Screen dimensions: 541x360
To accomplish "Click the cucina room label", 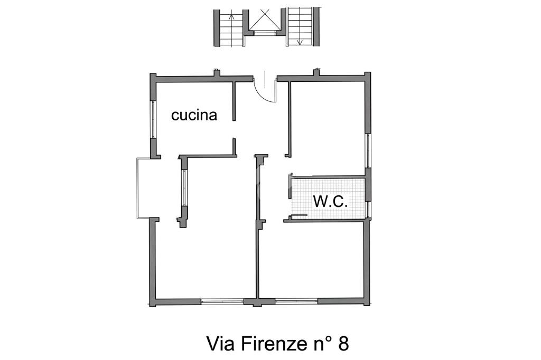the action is (x=194, y=115).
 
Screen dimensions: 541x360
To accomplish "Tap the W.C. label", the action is (x=330, y=201).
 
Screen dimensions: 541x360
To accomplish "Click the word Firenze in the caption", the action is (x=269, y=344).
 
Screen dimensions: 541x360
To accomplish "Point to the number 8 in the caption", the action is (x=343, y=344).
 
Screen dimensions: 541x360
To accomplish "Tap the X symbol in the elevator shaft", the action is (x=264, y=20).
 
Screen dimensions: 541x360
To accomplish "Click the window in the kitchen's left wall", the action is (x=152, y=120).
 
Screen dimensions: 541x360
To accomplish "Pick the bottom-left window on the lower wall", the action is (x=222, y=301).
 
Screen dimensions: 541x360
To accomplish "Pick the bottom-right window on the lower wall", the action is (x=296, y=301).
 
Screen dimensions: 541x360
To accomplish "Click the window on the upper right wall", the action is (x=368, y=150).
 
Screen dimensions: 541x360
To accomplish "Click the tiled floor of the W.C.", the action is (x=328, y=198).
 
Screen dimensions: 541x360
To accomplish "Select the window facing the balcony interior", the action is (x=184, y=188).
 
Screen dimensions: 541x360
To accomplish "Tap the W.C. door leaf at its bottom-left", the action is (x=299, y=215).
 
